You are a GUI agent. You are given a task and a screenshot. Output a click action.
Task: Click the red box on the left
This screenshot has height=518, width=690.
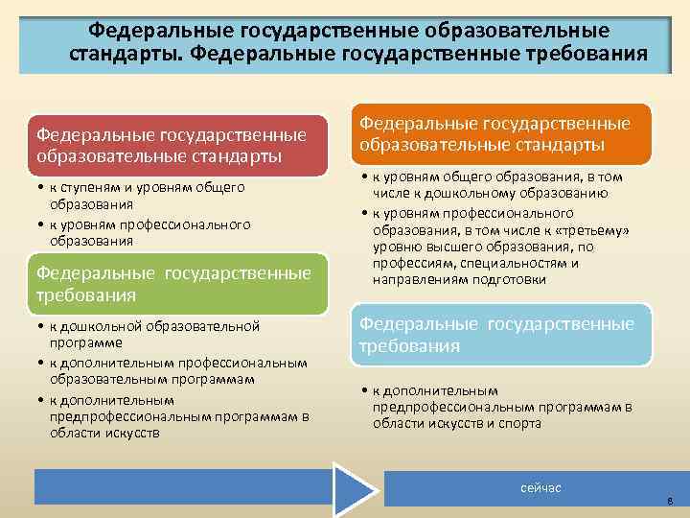[175, 146]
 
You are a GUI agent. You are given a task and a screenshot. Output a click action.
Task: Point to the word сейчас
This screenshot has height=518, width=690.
[540, 488]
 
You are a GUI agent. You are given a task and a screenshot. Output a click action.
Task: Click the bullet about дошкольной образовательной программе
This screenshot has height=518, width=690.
[153, 334]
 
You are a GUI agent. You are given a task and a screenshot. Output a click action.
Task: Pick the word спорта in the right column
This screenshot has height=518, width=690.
[513, 423]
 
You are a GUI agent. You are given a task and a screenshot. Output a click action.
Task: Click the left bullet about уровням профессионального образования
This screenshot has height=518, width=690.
[144, 232]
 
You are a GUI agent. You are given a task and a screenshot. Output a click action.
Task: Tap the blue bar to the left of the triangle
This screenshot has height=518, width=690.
[182, 487]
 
